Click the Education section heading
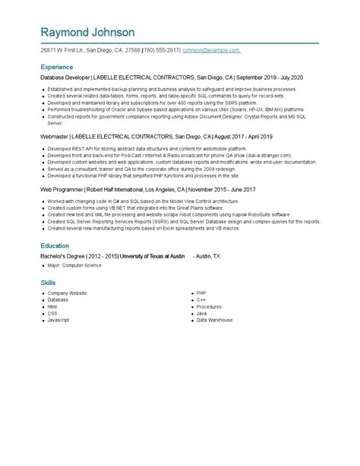(55, 246)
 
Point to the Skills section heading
(48, 282)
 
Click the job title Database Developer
(65, 78)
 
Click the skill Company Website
(67, 293)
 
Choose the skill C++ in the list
(201, 300)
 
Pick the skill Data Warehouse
(214, 320)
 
